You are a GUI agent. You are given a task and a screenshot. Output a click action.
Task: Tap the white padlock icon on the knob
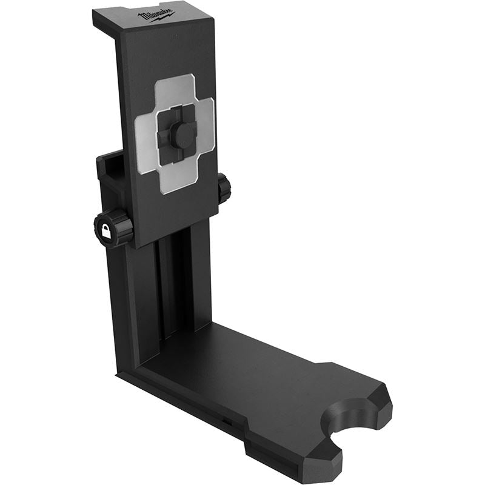click(107, 231)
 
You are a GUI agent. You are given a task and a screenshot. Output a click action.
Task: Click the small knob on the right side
click(224, 189)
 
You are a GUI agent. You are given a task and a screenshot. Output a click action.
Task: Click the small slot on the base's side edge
click(225, 418)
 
